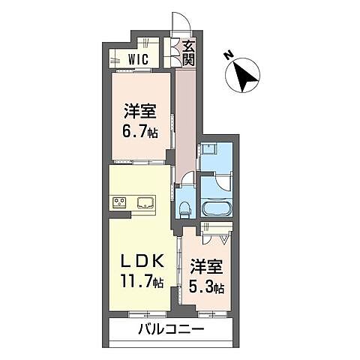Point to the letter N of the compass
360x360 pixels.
[x=228, y=55]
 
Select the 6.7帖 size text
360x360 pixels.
[x=140, y=132]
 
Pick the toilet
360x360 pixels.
[x=184, y=207]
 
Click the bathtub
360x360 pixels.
[x=217, y=207]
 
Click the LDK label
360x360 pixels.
[x=142, y=262]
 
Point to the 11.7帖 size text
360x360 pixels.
[x=142, y=282]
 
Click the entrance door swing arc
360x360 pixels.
[x=178, y=25]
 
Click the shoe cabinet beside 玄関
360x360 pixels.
[x=171, y=54]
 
